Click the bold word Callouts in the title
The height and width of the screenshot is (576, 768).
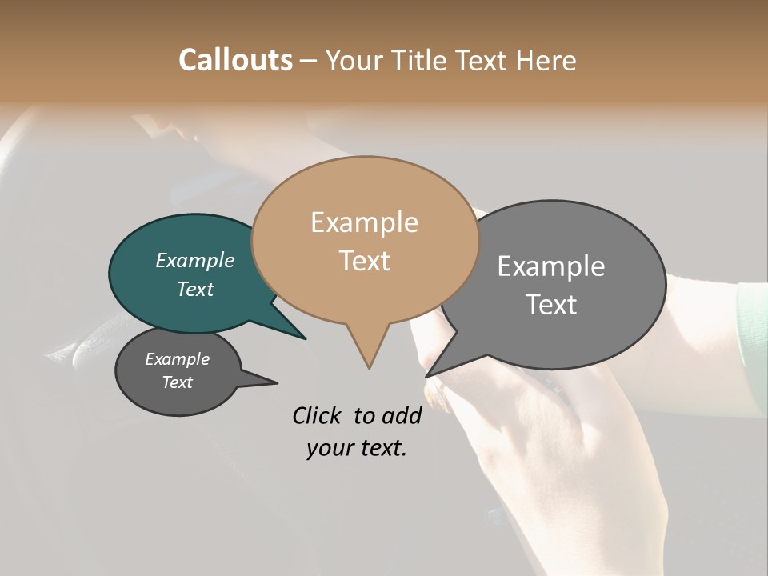(235, 60)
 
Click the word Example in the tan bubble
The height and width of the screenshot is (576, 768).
(364, 222)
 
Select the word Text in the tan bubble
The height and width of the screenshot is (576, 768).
(364, 260)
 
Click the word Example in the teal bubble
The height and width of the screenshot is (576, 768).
(194, 260)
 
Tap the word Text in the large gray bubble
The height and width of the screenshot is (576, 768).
(551, 304)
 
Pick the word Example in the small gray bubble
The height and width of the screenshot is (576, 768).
(177, 359)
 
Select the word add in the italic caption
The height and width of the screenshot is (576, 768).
(402, 415)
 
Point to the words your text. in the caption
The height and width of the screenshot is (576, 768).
(357, 448)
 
